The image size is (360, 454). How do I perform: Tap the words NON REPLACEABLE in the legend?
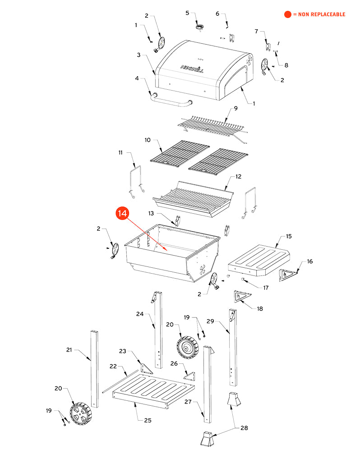[x=322, y=14]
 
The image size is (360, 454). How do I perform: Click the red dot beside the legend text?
[x=287, y=14]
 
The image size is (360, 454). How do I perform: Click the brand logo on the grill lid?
[x=192, y=68]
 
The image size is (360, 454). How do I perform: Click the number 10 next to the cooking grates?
[x=148, y=140]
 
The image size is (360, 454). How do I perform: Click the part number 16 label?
[x=309, y=261]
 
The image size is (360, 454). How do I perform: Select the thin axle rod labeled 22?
[x=120, y=381]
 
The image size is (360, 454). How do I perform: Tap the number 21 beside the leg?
[x=69, y=350]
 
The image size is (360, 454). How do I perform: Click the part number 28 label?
[x=244, y=428]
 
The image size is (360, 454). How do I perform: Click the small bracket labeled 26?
[x=189, y=376]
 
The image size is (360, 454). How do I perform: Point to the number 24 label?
[x=140, y=314]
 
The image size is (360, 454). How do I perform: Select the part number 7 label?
[x=256, y=32]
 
